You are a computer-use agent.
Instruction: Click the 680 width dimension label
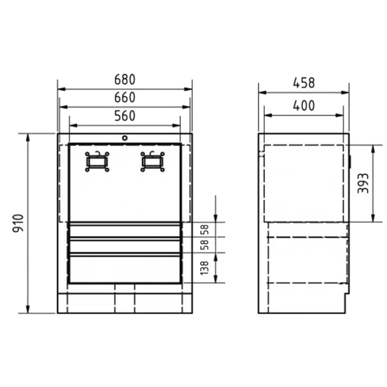125,79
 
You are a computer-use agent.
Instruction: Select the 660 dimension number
125,97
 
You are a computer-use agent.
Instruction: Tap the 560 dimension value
125,116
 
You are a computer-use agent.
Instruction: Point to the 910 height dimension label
18,223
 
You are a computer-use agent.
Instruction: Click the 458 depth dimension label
304,83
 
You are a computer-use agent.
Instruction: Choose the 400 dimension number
304,106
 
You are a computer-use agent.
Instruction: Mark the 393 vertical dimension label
363,183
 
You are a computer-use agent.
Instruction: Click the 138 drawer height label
204,268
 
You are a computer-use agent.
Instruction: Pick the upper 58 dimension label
204,230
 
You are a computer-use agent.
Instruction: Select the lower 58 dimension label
204,245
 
